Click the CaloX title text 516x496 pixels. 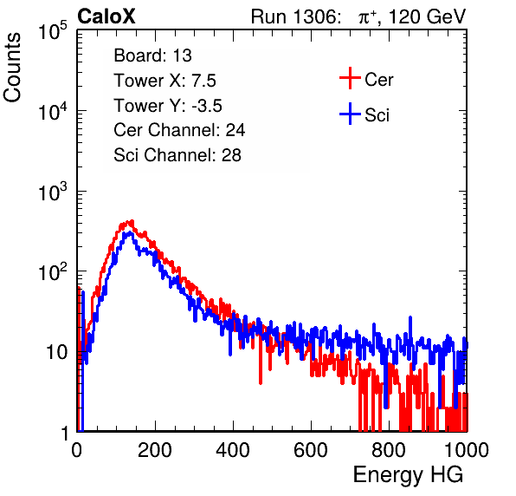[x=106, y=16]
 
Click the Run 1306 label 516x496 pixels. [x=295, y=16]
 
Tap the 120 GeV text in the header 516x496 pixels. [x=427, y=16]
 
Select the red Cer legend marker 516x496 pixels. [x=350, y=78]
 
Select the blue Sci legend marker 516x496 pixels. [x=350, y=114]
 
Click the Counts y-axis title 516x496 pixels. [x=12, y=68]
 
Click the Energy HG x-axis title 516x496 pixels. [x=409, y=475]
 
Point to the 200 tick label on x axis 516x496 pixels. [x=155, y=450]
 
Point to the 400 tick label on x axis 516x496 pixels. [x=233, y=450]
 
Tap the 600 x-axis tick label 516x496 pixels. [x=311, y=450]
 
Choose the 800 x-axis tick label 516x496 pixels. [x=389, y=450]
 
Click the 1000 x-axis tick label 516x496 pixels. [x=467, y=450]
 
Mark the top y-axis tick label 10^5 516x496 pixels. [x=53, y=30]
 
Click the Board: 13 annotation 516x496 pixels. [x=152, y=55]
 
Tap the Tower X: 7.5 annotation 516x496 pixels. [x=164, y=81]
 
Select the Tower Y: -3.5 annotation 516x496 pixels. [x=168, y=106]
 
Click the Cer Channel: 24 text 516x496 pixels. [x=179, y=130]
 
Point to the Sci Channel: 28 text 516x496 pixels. [x=177, y=155]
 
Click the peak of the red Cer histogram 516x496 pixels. [x=132, y=221]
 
